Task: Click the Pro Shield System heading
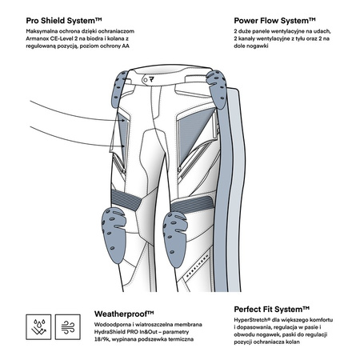tap(64, 21)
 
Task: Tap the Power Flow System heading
tap(274, 21)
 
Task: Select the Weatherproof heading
tap(124, 314)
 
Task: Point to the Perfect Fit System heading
tap(272, 310)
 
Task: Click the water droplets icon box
tap(38, 327)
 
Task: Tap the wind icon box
tap(68, 327)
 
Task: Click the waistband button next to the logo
tap(146, 80)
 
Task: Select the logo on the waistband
tap(152, 79)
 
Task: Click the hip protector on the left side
tap(118, 89)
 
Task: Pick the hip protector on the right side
tap(217, 90)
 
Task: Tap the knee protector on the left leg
tap(114, 235)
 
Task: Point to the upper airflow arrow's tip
tap(126, 121)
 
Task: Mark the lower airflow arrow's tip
tap(125, 146)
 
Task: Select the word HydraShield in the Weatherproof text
tap(110, 332)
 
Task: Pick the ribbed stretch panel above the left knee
tap(126, 199)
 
